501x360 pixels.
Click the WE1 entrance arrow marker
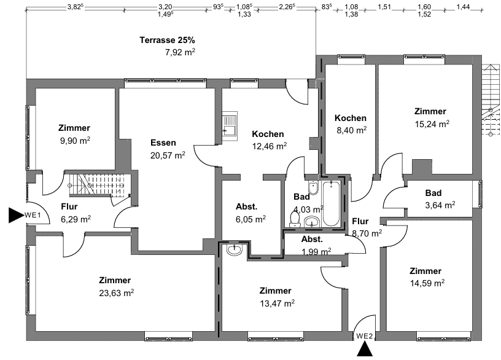pos(15,215)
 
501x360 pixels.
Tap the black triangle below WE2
pos(365,349)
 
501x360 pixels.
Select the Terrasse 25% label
pos(167,41)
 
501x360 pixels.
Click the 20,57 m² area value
pos(168,155)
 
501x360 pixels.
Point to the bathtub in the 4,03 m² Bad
pos(331,203)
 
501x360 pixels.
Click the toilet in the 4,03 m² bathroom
pos(295,220)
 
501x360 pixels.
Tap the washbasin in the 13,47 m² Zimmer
pos(235,249)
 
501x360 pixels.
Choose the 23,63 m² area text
pos(116,293)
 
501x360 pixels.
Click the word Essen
pos(163,143)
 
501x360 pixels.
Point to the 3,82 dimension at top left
pos(75,7)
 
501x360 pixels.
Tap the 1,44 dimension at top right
pos(463,7)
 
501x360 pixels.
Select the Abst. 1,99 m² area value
pos(316,252)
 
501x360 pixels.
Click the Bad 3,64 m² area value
pos(440,205)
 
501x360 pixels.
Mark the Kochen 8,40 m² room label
pos(351,118)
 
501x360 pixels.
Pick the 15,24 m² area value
pos(432,123)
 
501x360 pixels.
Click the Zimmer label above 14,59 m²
pos(425,271)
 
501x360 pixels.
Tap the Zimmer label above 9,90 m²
pos(74,128)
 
